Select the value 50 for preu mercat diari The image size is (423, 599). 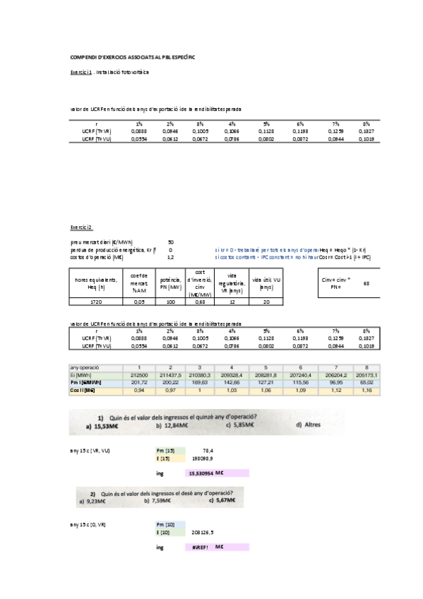(170, 242)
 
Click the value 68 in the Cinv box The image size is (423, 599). (366, 283)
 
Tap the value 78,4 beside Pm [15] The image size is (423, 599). (208, 450)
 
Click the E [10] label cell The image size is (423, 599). (165, 533)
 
